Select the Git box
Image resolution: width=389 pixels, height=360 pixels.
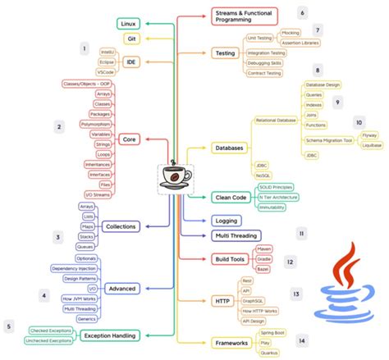click(130, 39)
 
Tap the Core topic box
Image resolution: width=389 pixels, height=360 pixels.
click(130, 139)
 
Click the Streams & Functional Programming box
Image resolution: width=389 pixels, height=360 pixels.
click(243, 16)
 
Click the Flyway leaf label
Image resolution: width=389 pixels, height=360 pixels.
click(370, 135)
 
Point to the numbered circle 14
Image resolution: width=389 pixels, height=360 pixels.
click(302, 339)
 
